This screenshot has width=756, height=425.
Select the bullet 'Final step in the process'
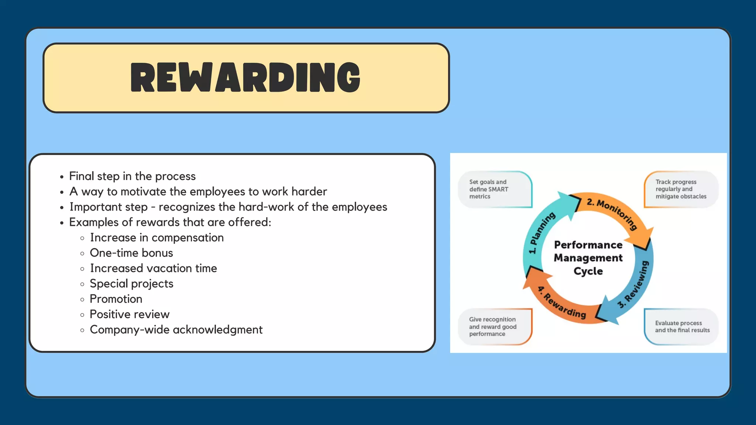click(132, 176)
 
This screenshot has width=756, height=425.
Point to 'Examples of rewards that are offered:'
click(170, 222)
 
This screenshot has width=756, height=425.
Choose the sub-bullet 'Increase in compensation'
click(157, 238)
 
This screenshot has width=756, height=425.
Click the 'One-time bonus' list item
click(131, 253)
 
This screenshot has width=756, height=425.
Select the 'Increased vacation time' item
click(154, 268)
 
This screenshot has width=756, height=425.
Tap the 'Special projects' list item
click(131, 284)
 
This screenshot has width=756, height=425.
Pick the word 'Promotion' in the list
click(116, 299)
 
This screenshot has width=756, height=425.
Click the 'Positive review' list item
click(130, 314)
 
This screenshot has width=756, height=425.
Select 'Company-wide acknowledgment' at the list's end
click(176, 330)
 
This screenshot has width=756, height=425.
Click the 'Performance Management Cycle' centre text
click(588, 258)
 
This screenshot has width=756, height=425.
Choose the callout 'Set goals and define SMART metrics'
click(489, 189)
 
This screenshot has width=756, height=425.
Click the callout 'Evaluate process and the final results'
click(682, 326)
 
